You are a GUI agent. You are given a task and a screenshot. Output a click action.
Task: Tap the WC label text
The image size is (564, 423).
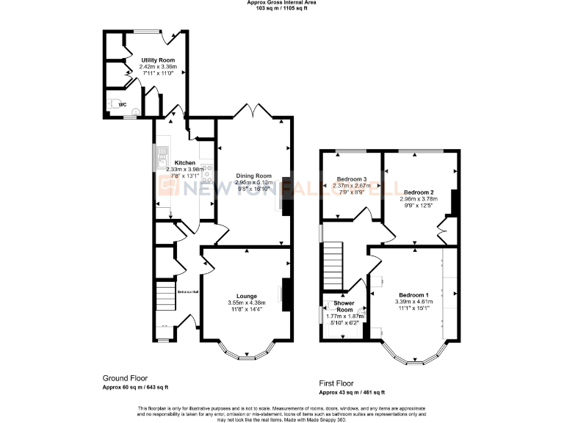[123, 105]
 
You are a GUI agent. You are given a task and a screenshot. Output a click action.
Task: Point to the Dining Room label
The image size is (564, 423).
[253, 176]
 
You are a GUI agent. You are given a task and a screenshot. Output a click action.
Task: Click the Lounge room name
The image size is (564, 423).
[246, 296]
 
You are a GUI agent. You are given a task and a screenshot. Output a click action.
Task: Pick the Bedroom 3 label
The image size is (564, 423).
[351, 179]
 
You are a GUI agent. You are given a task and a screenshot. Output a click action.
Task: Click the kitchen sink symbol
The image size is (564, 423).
[159, 155]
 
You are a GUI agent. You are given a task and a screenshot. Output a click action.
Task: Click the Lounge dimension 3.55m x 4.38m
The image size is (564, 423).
[246, 303]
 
